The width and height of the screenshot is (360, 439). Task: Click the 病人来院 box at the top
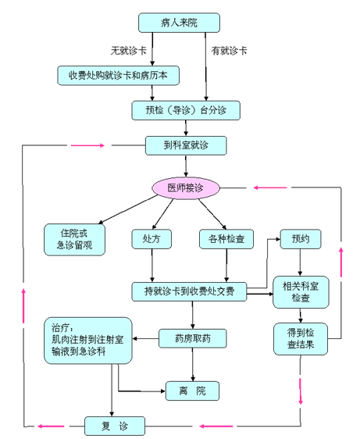[179, 23]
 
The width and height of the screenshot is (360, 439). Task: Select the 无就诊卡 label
[129, 51]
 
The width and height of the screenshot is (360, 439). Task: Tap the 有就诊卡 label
[229, 51]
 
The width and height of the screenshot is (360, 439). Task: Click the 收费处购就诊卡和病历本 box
[118, 76]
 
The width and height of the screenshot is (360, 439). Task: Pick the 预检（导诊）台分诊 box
[186, 110]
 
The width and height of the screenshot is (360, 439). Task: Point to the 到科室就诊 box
[186, 145]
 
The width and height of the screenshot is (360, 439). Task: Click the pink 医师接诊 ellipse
[186, 187]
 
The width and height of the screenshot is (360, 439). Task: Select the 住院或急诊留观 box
[74, 239]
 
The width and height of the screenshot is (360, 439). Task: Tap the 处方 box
[151, 239]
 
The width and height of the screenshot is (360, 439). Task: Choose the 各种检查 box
[226, 239]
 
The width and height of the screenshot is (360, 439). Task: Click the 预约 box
[301, 239]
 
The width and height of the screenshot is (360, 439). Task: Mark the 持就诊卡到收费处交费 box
[189, 291]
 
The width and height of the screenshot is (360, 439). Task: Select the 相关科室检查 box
[301, 292]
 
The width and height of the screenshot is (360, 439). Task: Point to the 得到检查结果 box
[301, 339]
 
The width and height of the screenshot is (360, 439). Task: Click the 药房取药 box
[193, 338]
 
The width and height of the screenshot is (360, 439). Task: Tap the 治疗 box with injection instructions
[88, 341]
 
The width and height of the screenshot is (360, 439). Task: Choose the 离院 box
[193, 391]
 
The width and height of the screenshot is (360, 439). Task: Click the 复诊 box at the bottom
[115, 427]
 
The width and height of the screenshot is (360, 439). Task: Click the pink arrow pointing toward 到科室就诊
[87, 145]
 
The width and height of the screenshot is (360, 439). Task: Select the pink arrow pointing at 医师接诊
[270, 187]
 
